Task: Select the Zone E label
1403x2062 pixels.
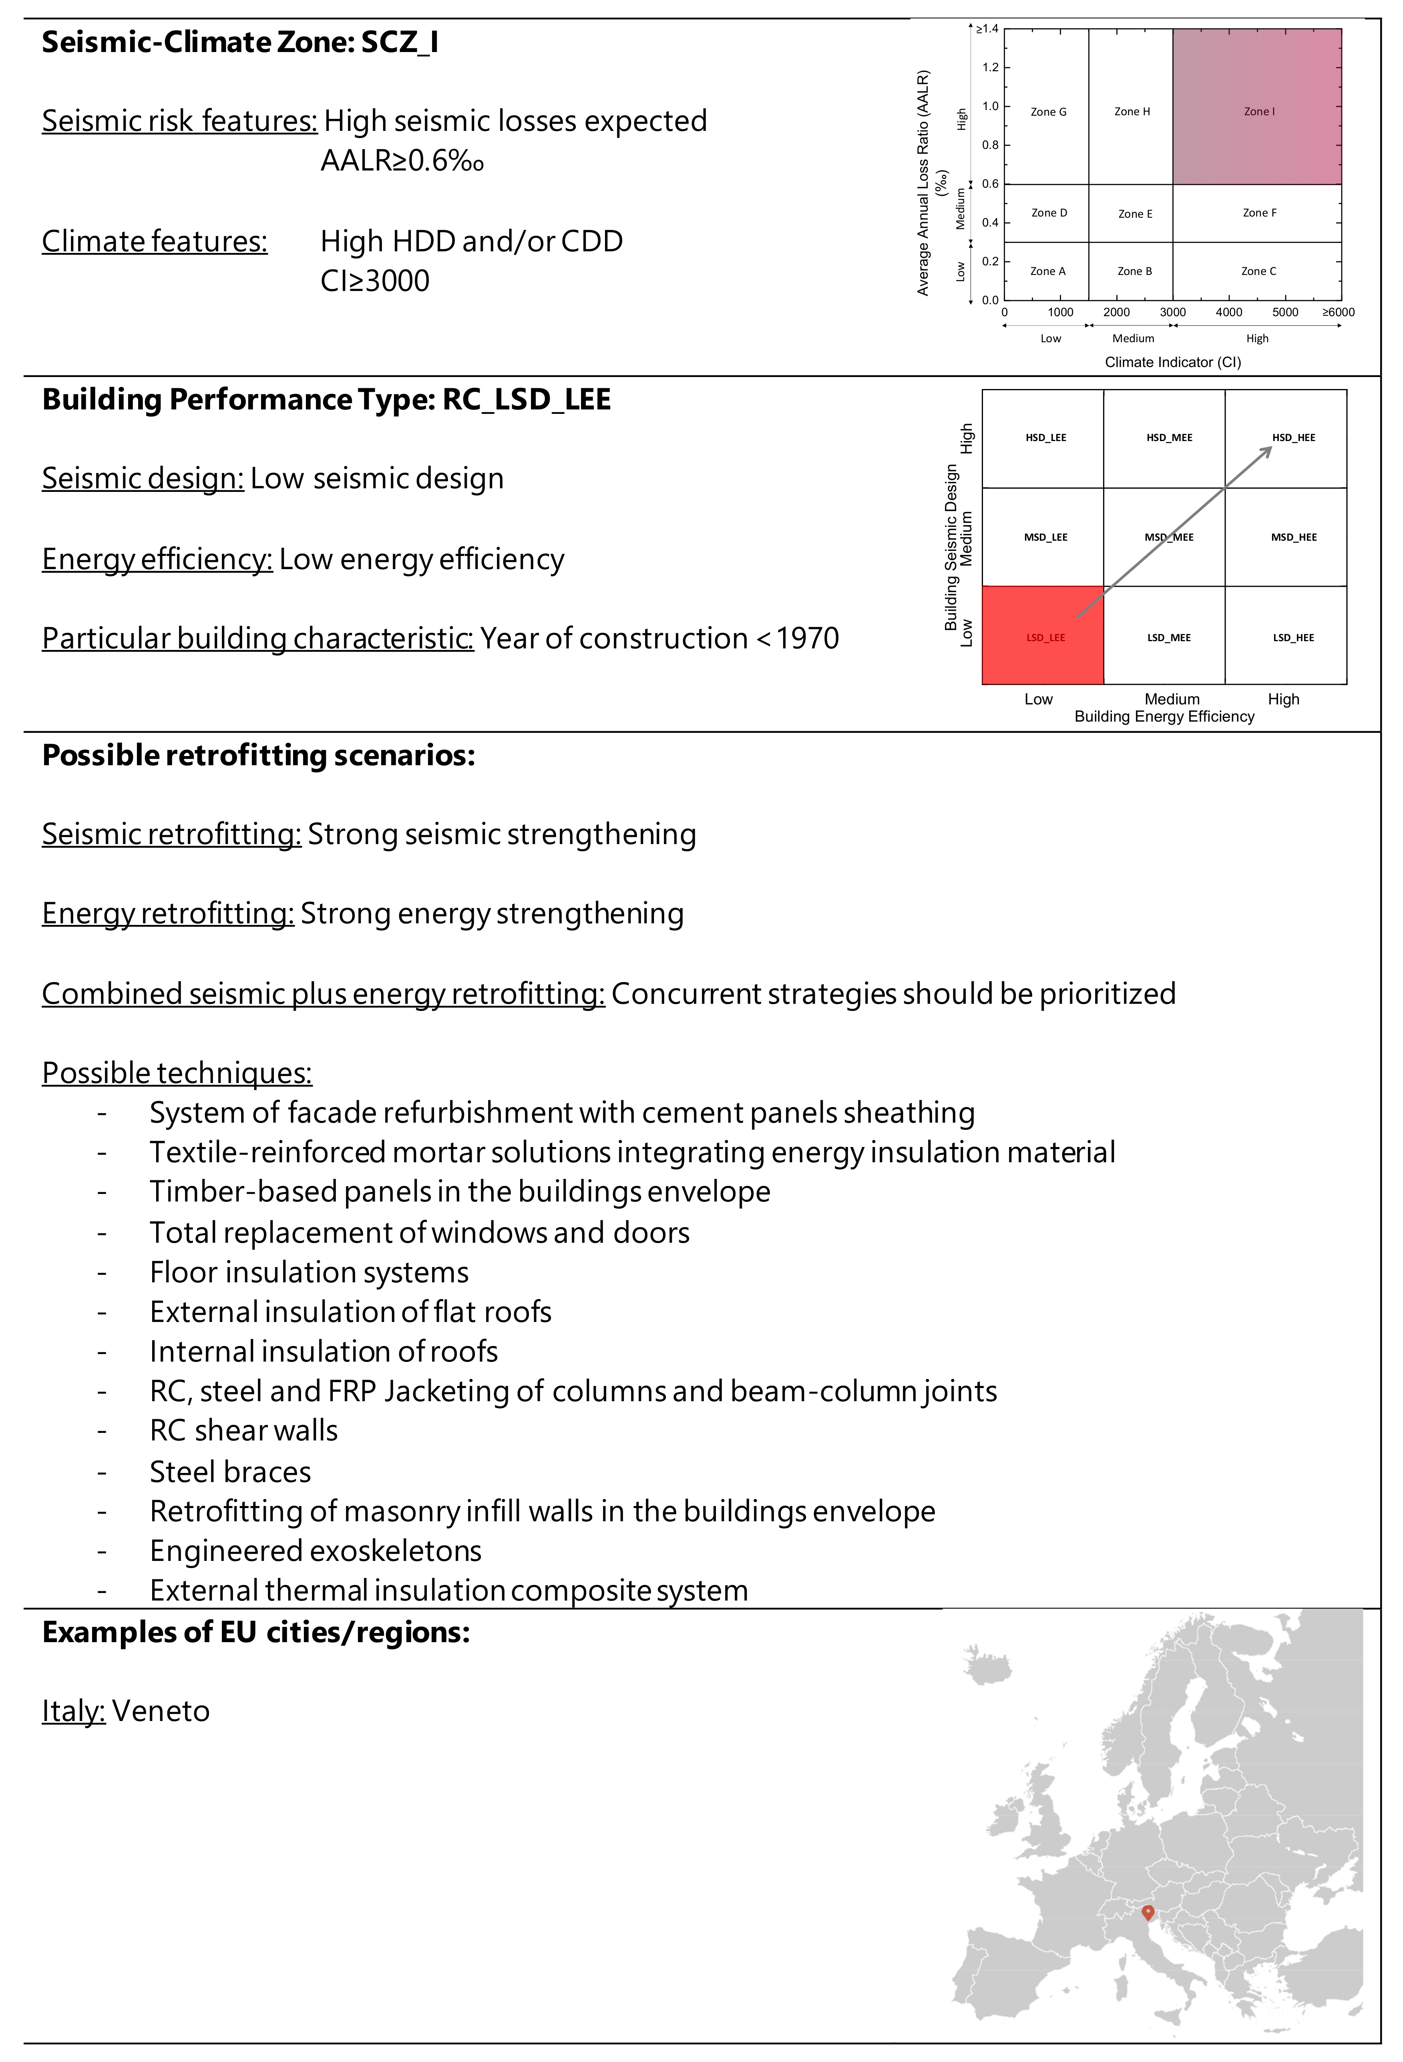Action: coord(1135,214)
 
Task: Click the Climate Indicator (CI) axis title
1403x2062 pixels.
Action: coord(1172,362)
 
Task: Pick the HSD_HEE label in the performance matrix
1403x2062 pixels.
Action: coord(1293,437)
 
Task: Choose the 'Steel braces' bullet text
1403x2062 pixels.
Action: coord(230,1472)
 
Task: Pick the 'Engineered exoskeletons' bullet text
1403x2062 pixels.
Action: coord(315,1551)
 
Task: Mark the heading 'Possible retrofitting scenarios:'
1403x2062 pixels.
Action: coord(258,756)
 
